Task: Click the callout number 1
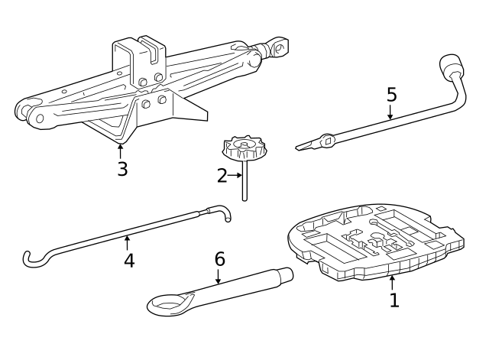(394, 300)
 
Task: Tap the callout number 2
(222, 176)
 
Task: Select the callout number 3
(122, 168)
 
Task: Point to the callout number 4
(129, 260)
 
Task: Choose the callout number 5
(391, 95)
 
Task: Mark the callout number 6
(219, 259)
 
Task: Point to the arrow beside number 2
(235, 176)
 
